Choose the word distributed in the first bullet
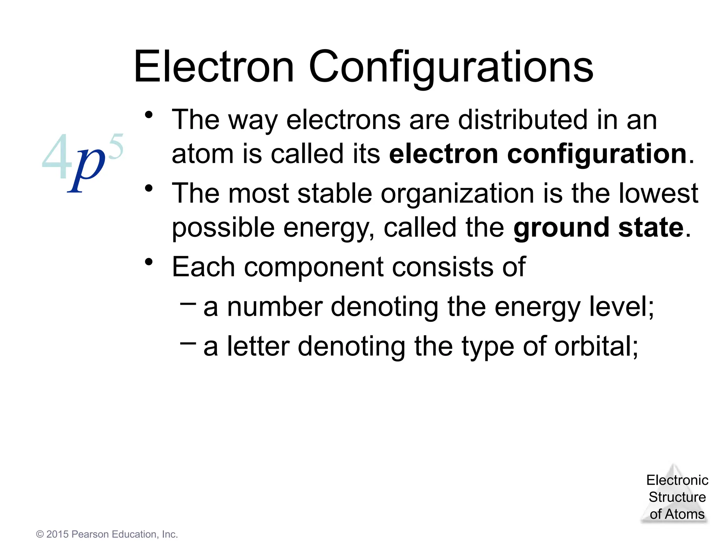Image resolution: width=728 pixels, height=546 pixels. pyautogui.click(x=523, y=120)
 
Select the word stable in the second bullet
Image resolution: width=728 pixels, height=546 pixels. pyautogui.click(x=334, y=193)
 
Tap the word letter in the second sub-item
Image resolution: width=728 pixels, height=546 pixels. pyautogui.click(x=258, y=346)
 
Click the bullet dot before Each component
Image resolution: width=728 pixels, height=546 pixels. pyautogui.click(x=149, y=262)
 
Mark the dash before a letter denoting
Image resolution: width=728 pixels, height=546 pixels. pyautogui.click(x=188, y=343)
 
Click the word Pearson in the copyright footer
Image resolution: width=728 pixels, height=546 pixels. pyautogui.click(x=90, y=534)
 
